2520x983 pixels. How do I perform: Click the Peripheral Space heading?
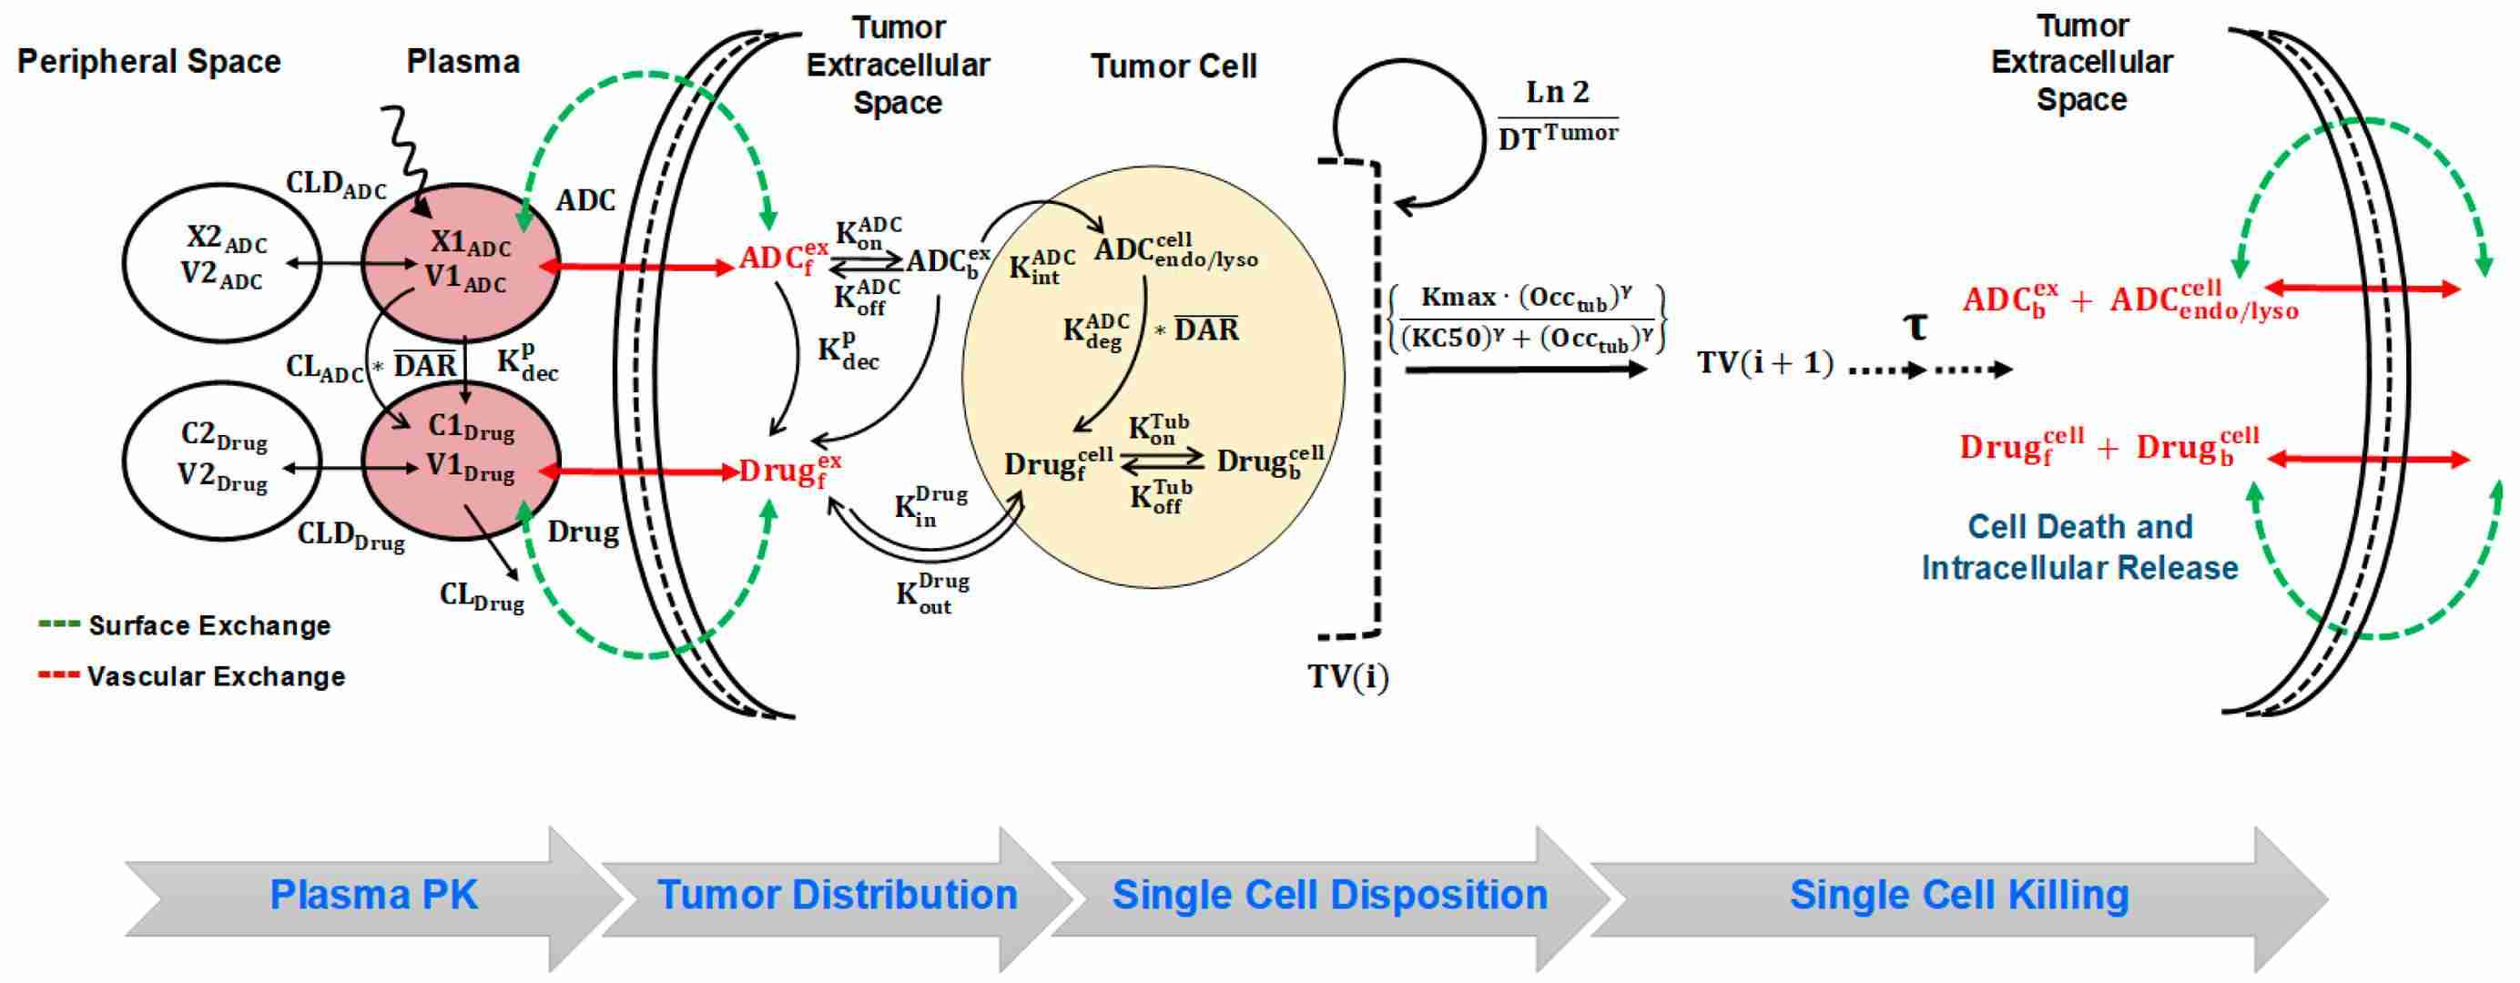[x=148, y=62]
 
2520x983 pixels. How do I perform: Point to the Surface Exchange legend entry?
[x=208, y=626]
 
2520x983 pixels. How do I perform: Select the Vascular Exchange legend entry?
[x=215, y=677]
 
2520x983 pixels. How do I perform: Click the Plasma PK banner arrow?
[x=373, y=895]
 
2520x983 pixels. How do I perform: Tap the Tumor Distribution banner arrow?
[x=837, y=895]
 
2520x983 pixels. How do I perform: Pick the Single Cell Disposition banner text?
[x=1329, y=895]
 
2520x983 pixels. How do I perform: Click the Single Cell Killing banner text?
[x=1958, y=895]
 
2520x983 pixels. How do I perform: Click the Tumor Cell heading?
[x=1173, y=66]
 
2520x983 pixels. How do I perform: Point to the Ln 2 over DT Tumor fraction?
[x=1558, y=116]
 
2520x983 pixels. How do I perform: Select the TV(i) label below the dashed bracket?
[x=1348, y=677]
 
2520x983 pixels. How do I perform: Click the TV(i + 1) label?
[x=1764, y=364]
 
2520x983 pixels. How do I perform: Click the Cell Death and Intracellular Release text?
[x=2079, y=548]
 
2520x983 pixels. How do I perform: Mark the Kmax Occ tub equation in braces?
[x=1527, y=318]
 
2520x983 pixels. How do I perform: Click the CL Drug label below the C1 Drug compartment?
[x=482, y=597]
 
